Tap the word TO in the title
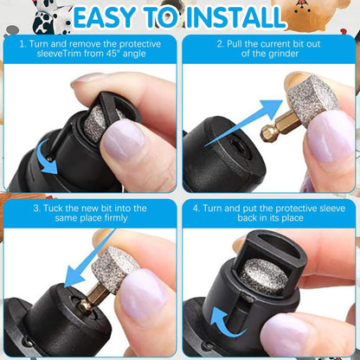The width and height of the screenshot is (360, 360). (164, 16)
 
